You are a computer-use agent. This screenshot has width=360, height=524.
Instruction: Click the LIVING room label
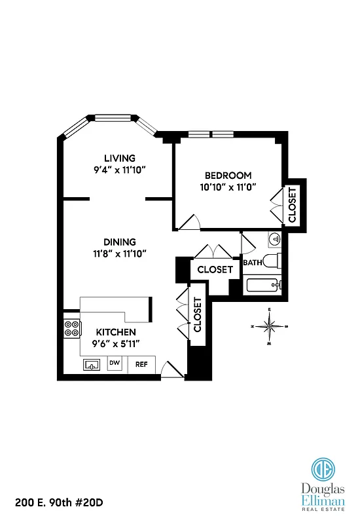click(x=119, y=158)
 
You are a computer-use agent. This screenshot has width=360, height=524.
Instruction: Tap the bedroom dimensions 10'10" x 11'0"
click(x=228, y=187)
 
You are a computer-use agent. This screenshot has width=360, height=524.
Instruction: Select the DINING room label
click(x=119, y=241)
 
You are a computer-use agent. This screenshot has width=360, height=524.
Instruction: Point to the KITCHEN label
click(x=116, y=332)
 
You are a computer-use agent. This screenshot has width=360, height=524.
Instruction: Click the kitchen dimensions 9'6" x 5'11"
click(x=116, y=343)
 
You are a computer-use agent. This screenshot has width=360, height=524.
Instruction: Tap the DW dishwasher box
click(x=115, y=363)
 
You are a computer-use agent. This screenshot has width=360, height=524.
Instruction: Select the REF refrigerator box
click(x=141, y=364)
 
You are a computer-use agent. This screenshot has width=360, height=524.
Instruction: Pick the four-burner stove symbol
click(x=71, y=328)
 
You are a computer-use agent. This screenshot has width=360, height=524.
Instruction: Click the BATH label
click(x=252, y=263)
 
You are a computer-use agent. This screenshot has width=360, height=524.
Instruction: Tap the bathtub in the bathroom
click(x=263, y=285)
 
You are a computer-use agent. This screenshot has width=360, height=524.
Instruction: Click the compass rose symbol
click(x=269, y=326)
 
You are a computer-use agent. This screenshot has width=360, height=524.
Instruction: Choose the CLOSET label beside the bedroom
click(x=292, y=204)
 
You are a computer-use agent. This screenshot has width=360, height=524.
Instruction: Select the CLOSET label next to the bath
click(x=215, y=269)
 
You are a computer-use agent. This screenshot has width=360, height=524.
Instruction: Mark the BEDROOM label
click(x=228, y=176)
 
